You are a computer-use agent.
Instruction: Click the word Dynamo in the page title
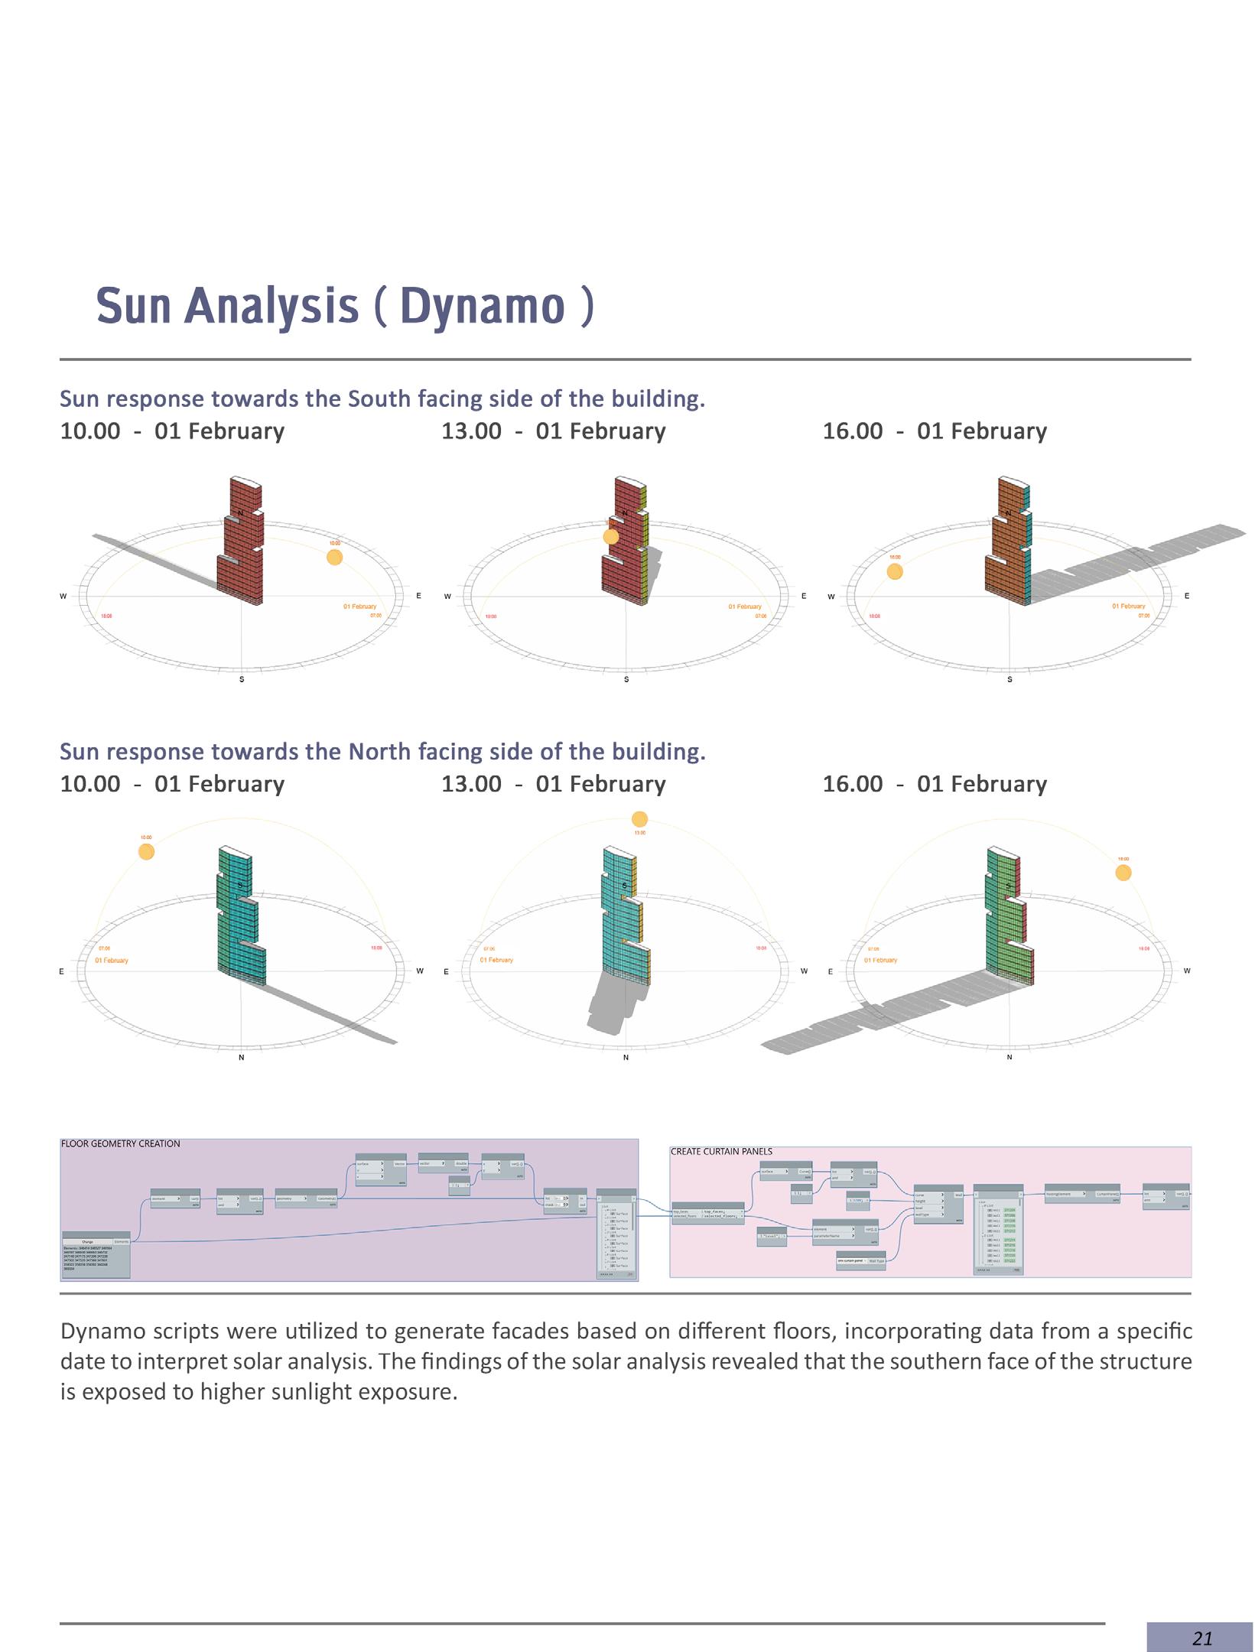pyautogui.click(x=482, y=305)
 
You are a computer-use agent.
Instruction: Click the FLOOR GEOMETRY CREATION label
pyautogui.click(x=120, y=1144)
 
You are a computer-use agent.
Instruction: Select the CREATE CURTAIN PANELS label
pyautogui.click(x=721, y=1152)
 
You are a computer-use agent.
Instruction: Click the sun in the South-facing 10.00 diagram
pyautogui.click(x=334, y=557)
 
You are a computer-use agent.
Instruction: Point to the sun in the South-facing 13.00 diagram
pyautogui.click(x=610, y=537)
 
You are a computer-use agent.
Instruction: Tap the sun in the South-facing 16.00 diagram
pyautogui.click(x=895, y=571)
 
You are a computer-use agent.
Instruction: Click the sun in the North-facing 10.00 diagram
pyautogui.click(x=146, y=851)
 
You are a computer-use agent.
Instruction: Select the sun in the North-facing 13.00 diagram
pyautogui.click(x=639, y=819)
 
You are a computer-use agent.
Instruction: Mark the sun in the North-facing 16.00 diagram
pyautogui.click(x=1123, y=873)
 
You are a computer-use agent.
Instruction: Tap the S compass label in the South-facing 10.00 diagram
pyautogui.click(x=242, y=679)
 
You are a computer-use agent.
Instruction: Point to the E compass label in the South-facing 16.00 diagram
pyautogui.click(x=1186, y=596)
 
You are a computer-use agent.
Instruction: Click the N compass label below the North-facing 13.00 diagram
pyautogui.click(x=626, y=1058)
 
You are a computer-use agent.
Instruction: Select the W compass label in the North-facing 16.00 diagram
pyautogui.click(x=1186, y=971)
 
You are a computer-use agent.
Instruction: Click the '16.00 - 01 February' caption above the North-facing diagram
pyautogui.click(x=935, y=784)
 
